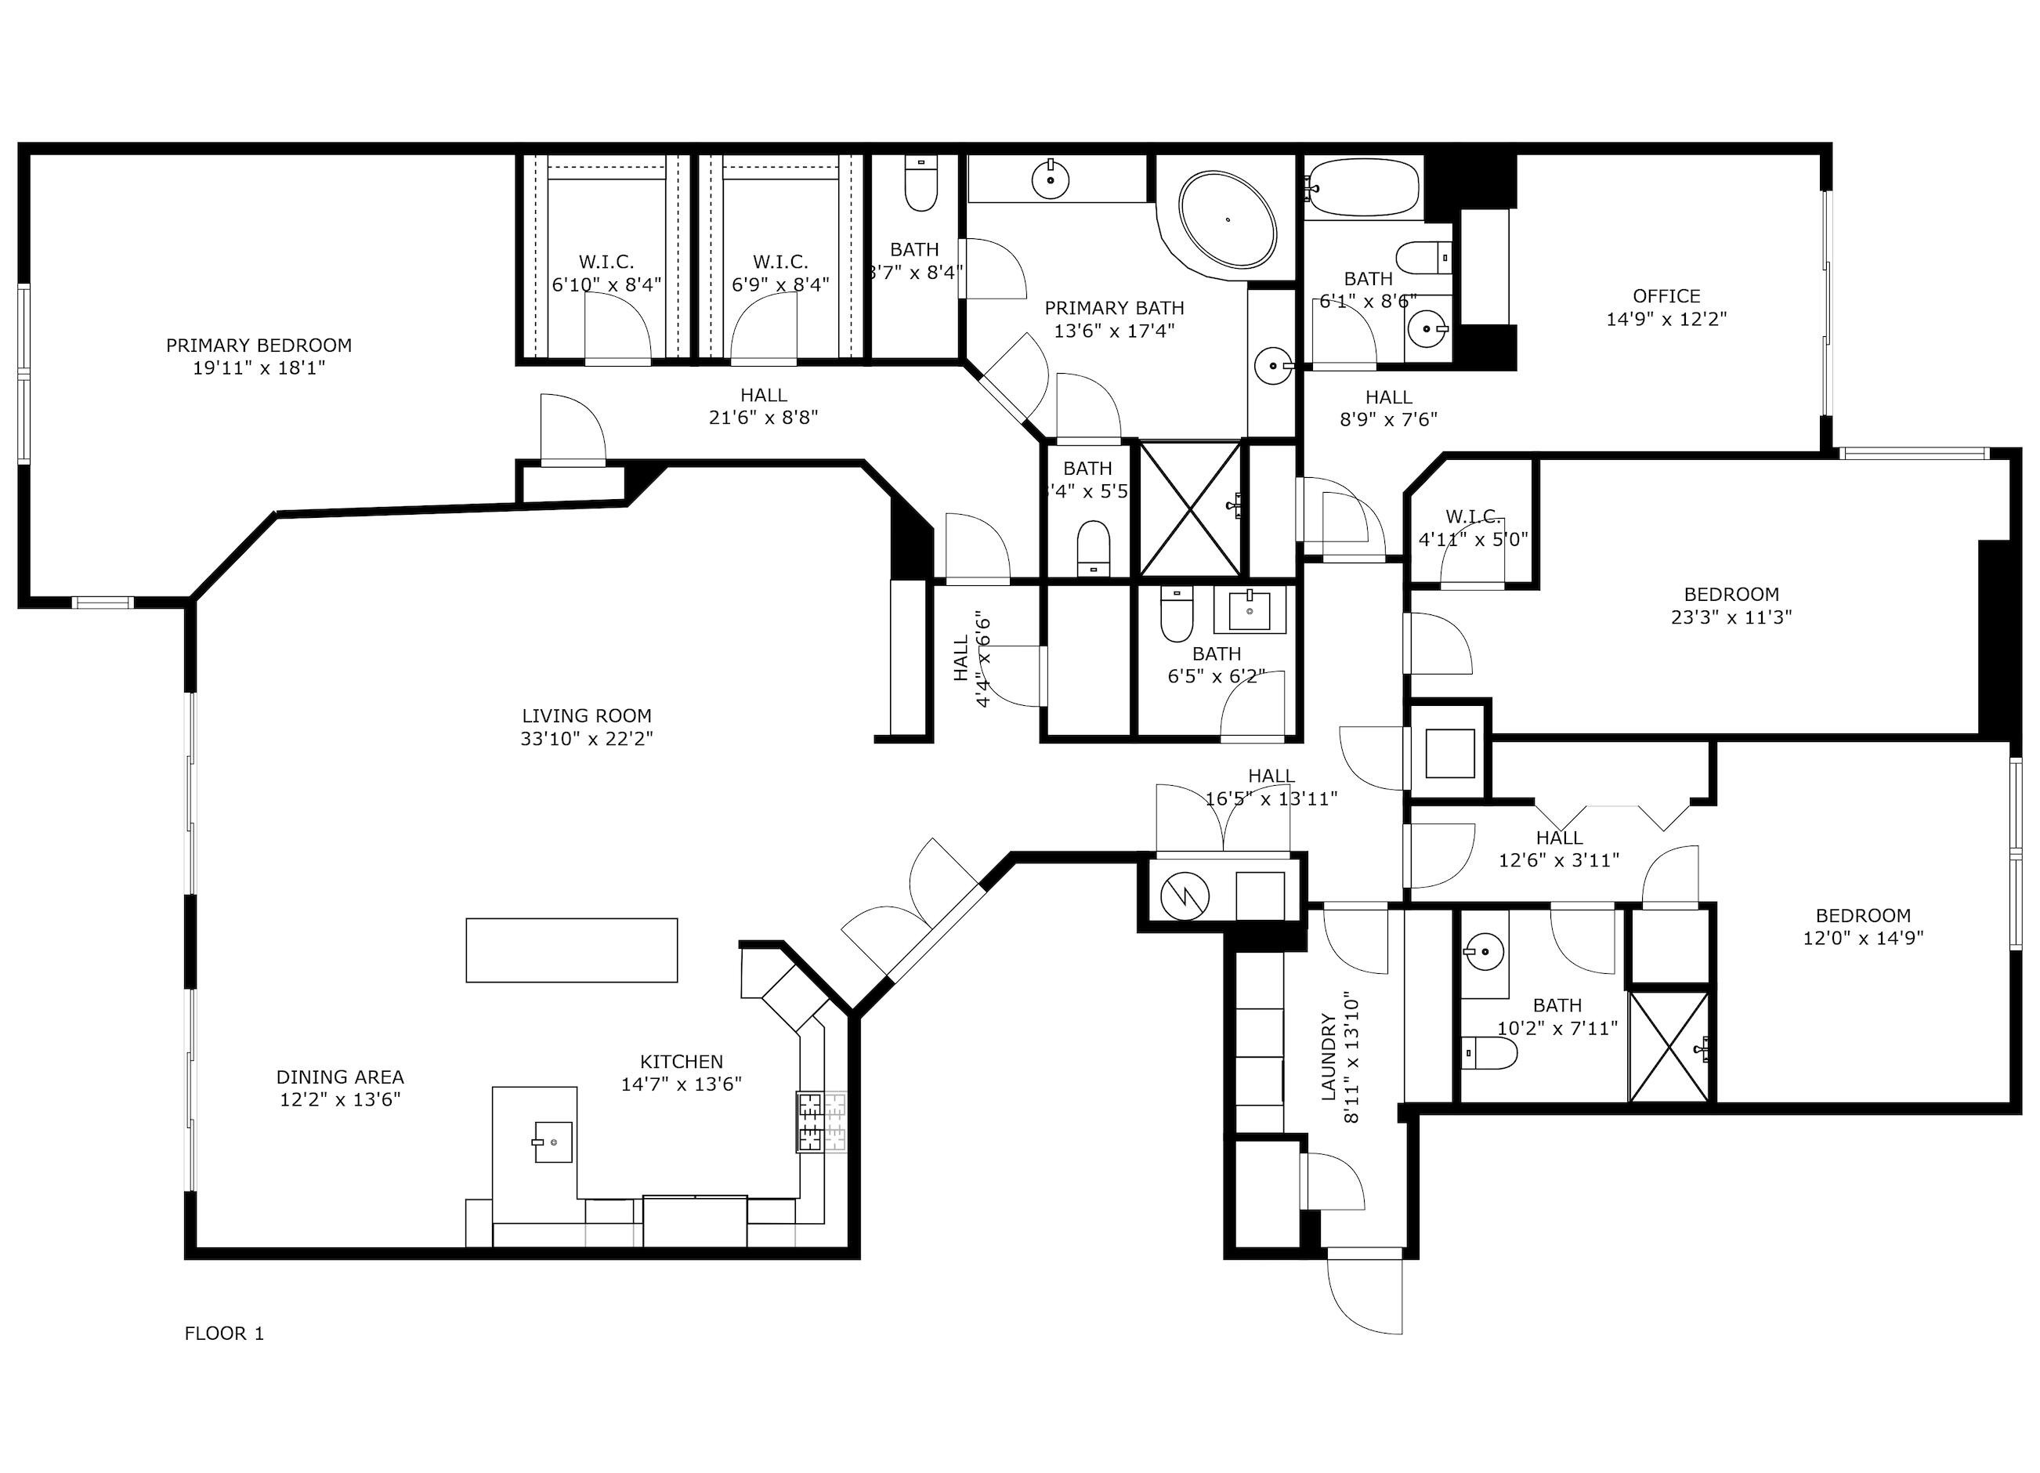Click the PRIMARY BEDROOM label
tap(259, 346)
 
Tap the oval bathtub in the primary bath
tap(1228, 219)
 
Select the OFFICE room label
tap(1666, 296)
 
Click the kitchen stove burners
tap(821, 1122)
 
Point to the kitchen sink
tap(552, 1142)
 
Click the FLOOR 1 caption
tap(224, 1334)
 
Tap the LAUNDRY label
tap(1329, 1056)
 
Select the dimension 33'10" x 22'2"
tap(587, 739)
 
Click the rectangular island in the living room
tap(571, 950)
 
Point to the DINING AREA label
tap(340, 1077)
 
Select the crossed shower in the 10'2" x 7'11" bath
tap(1669, 1047)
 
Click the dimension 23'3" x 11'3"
tap(1731, 617)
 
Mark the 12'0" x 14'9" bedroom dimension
tap(1862, 939)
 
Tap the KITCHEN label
tap(681, 1062)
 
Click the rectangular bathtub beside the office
tap(1362, 187)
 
